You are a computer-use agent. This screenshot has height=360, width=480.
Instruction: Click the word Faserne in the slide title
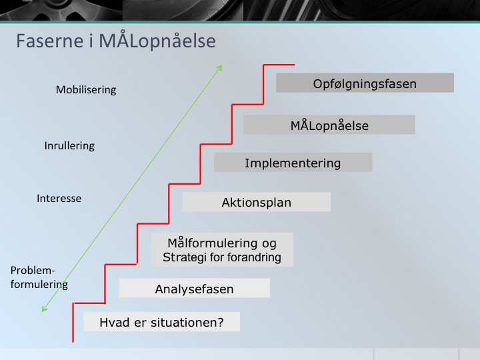[50, 41]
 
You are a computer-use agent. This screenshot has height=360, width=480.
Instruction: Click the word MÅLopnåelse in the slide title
[157, 40]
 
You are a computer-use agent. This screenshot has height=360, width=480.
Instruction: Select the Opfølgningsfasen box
[365, 83]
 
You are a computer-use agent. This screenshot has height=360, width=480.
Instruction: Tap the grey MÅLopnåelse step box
[329, 125]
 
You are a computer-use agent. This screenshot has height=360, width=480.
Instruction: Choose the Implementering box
[293, 162]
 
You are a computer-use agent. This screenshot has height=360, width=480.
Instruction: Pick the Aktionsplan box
[257, 202]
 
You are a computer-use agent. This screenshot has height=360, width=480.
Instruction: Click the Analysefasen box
[195, 288]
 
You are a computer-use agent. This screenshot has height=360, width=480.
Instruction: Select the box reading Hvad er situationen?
[161, 322]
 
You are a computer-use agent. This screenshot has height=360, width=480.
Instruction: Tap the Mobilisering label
[86, 90]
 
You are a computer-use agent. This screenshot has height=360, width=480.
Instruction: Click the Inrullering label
[69, 146]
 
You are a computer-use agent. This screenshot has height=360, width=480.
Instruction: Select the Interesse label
[59, 199]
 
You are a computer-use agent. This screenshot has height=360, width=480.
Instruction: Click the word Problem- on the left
[33, 270]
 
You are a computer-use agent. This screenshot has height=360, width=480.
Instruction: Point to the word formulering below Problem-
[39, 285]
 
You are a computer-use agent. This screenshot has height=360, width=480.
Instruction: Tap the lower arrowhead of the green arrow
[43, 310]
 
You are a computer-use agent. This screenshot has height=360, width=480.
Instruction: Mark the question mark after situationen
[220, 322]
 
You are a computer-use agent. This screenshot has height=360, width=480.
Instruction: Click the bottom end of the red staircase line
[73, 342]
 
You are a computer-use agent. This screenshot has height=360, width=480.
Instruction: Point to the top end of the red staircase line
[295, 65]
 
